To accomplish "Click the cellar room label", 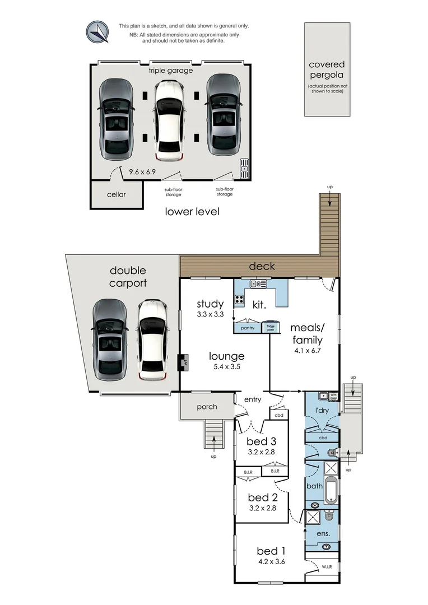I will pos(117,194).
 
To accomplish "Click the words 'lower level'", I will pos(192,212).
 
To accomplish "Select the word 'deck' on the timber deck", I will pos(262,266).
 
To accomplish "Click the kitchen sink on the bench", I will pos(258,284).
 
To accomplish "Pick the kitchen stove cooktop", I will pos(240,299).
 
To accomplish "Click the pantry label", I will pos(248,328).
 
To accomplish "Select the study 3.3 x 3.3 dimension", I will pos(210,315).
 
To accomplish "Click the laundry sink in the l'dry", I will pos(323,396).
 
